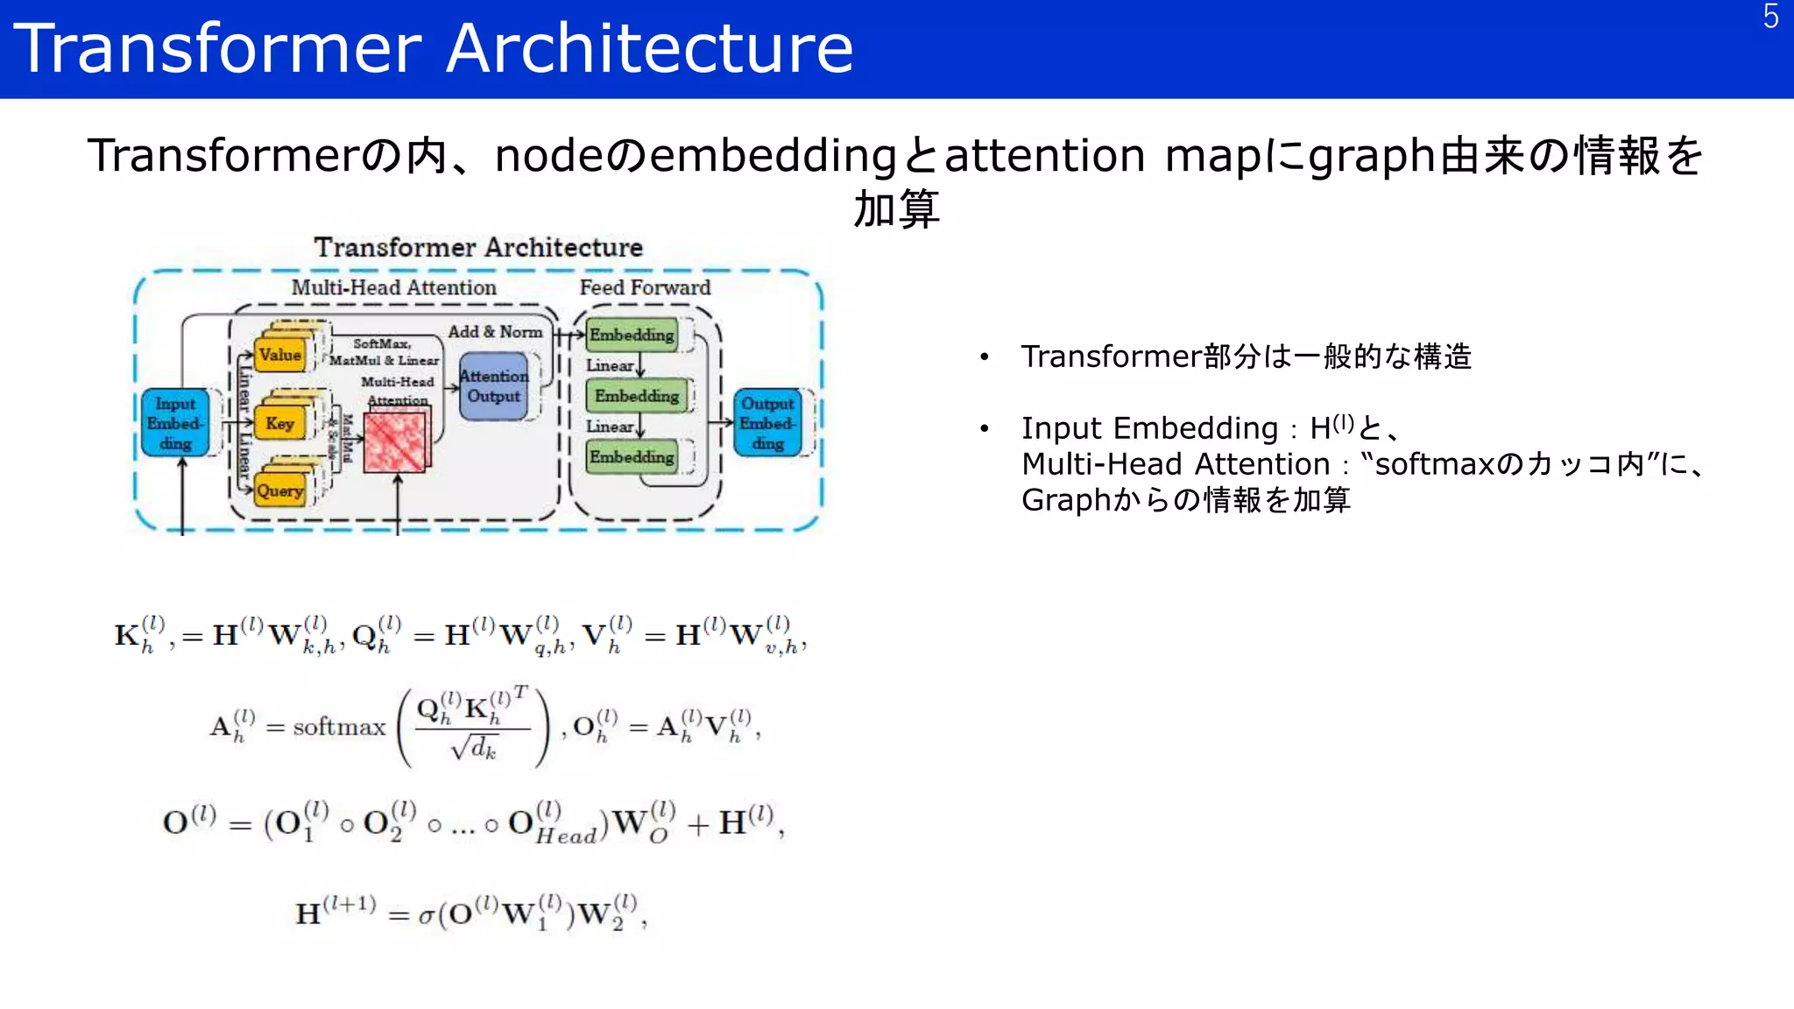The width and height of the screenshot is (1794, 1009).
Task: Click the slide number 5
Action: [x=1770, y=17]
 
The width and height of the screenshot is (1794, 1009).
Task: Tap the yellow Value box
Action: [x=280, y=355]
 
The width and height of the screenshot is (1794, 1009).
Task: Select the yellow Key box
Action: [x=280, y=423]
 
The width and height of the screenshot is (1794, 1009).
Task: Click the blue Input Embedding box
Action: [x=175, y=423]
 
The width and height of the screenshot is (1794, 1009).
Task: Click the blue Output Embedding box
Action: [x=767, y=423]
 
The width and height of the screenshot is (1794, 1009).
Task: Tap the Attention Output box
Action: [x=494, y=386]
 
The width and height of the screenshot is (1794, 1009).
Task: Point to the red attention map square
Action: [x=396, y=442]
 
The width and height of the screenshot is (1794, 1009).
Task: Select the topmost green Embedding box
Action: [x=632, y=335]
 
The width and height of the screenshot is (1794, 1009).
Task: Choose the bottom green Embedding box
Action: [x=632, y=456]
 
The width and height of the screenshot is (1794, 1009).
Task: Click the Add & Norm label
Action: [x=495, y=332]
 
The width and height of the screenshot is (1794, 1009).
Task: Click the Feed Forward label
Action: [x=645, y=287]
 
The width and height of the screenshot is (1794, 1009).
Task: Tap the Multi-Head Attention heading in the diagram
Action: [x=393, y=287]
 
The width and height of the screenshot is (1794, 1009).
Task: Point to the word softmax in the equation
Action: [x=339, y=727]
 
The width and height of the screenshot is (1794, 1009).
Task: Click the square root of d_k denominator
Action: [x=474, y=748]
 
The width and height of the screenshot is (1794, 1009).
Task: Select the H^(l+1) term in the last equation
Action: [x=335, y=911]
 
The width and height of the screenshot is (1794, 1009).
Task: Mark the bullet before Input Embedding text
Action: [x=985, y=428]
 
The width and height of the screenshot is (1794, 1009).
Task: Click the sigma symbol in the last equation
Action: [x=427, y=916]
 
